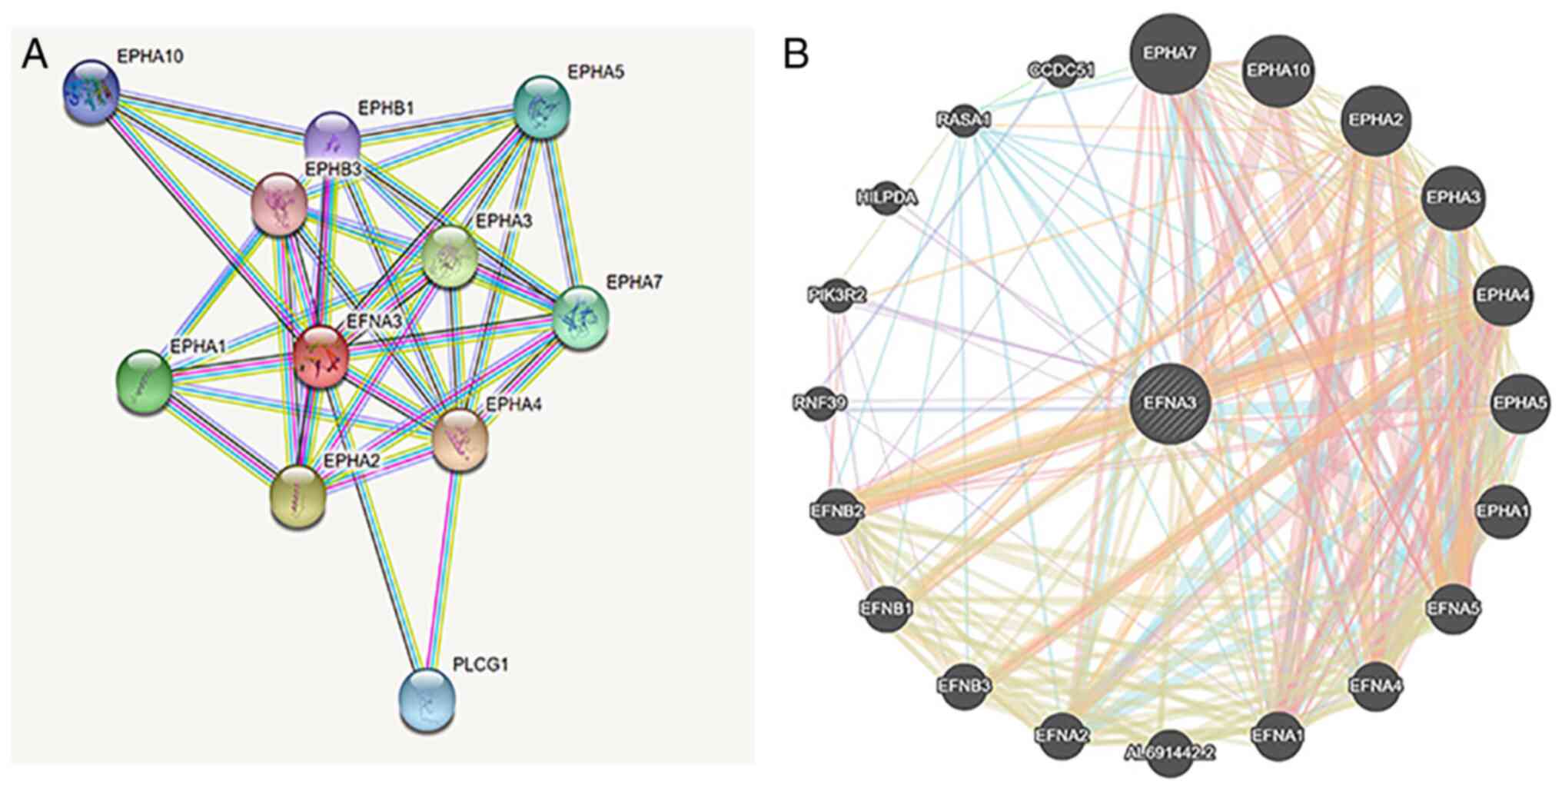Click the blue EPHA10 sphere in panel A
(x=91, y=91)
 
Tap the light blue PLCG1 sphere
(x=427, y=700)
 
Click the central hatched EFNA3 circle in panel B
(x=1170, y=403)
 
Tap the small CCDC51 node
(x=1061, y=71)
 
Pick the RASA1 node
(x=964, y=121)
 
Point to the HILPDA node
(x=887, y=198)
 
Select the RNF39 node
(x=819, y=403)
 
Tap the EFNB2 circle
(x=838, y=510)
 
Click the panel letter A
(x=35, y=55)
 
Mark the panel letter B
(x=796, y=55)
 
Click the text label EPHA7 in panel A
(x=634, y=282)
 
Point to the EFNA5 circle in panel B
(x=1453, y=608)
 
